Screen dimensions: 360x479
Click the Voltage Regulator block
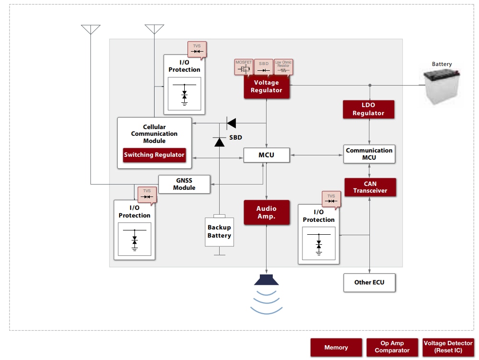(x=267, y=87)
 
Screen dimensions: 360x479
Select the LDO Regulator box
(x=368, y=109)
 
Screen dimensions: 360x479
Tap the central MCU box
(x=267, y=155)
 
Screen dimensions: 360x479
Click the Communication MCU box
(x=369, y=154)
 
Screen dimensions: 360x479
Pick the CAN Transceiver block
(x=370, y=187)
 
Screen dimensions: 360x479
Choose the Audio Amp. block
(x=267, y=212)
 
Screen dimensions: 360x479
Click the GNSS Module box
(x=184, y=184)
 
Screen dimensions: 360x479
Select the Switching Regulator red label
(x=154, y=155)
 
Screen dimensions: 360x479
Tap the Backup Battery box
(x=219, y=232)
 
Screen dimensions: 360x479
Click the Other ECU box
(x=369, y=283)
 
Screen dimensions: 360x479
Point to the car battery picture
(x=442, y=86)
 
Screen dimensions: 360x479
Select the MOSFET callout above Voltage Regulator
(x=243, y=67)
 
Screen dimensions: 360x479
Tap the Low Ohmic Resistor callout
(x=283, y=67)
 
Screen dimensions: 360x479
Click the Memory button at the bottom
(x=336, y=348)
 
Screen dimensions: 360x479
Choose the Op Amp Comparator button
(x=392, y=347)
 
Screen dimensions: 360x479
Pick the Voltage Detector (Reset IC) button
(x=448, y=347)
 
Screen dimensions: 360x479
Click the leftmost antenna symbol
(x=90, y=29)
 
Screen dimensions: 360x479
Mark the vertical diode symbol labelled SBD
(x=219, y=142)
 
